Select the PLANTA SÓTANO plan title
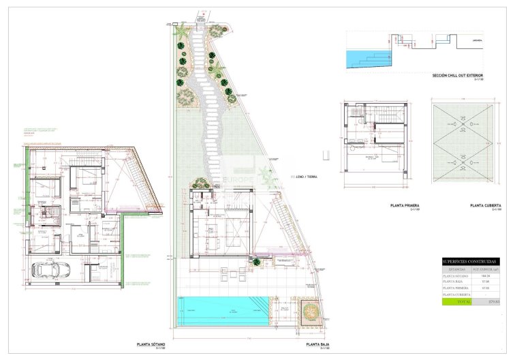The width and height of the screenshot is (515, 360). click(151, 345)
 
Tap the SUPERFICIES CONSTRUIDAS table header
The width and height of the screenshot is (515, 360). click(470, 261)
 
